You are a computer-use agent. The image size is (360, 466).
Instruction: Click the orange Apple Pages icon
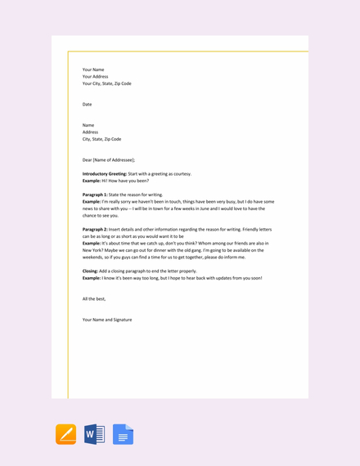66,434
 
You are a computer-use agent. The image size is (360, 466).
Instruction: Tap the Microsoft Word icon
94,434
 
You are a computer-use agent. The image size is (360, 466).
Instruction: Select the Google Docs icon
123,434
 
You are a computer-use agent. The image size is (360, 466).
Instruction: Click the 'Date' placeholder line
87,105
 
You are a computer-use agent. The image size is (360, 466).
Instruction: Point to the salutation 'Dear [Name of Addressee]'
109,160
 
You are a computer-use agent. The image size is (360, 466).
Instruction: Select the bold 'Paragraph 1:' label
95,195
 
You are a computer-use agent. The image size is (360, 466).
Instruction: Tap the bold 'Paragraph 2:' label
95,230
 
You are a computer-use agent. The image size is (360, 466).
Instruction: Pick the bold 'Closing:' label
90,271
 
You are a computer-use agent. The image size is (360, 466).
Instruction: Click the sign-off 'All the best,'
94,298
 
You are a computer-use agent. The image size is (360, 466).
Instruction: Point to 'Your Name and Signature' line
107,320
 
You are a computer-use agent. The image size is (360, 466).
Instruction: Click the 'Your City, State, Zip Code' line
106,83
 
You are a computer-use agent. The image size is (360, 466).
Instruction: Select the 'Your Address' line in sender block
95,77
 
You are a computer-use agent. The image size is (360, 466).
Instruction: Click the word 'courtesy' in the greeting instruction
182,174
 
